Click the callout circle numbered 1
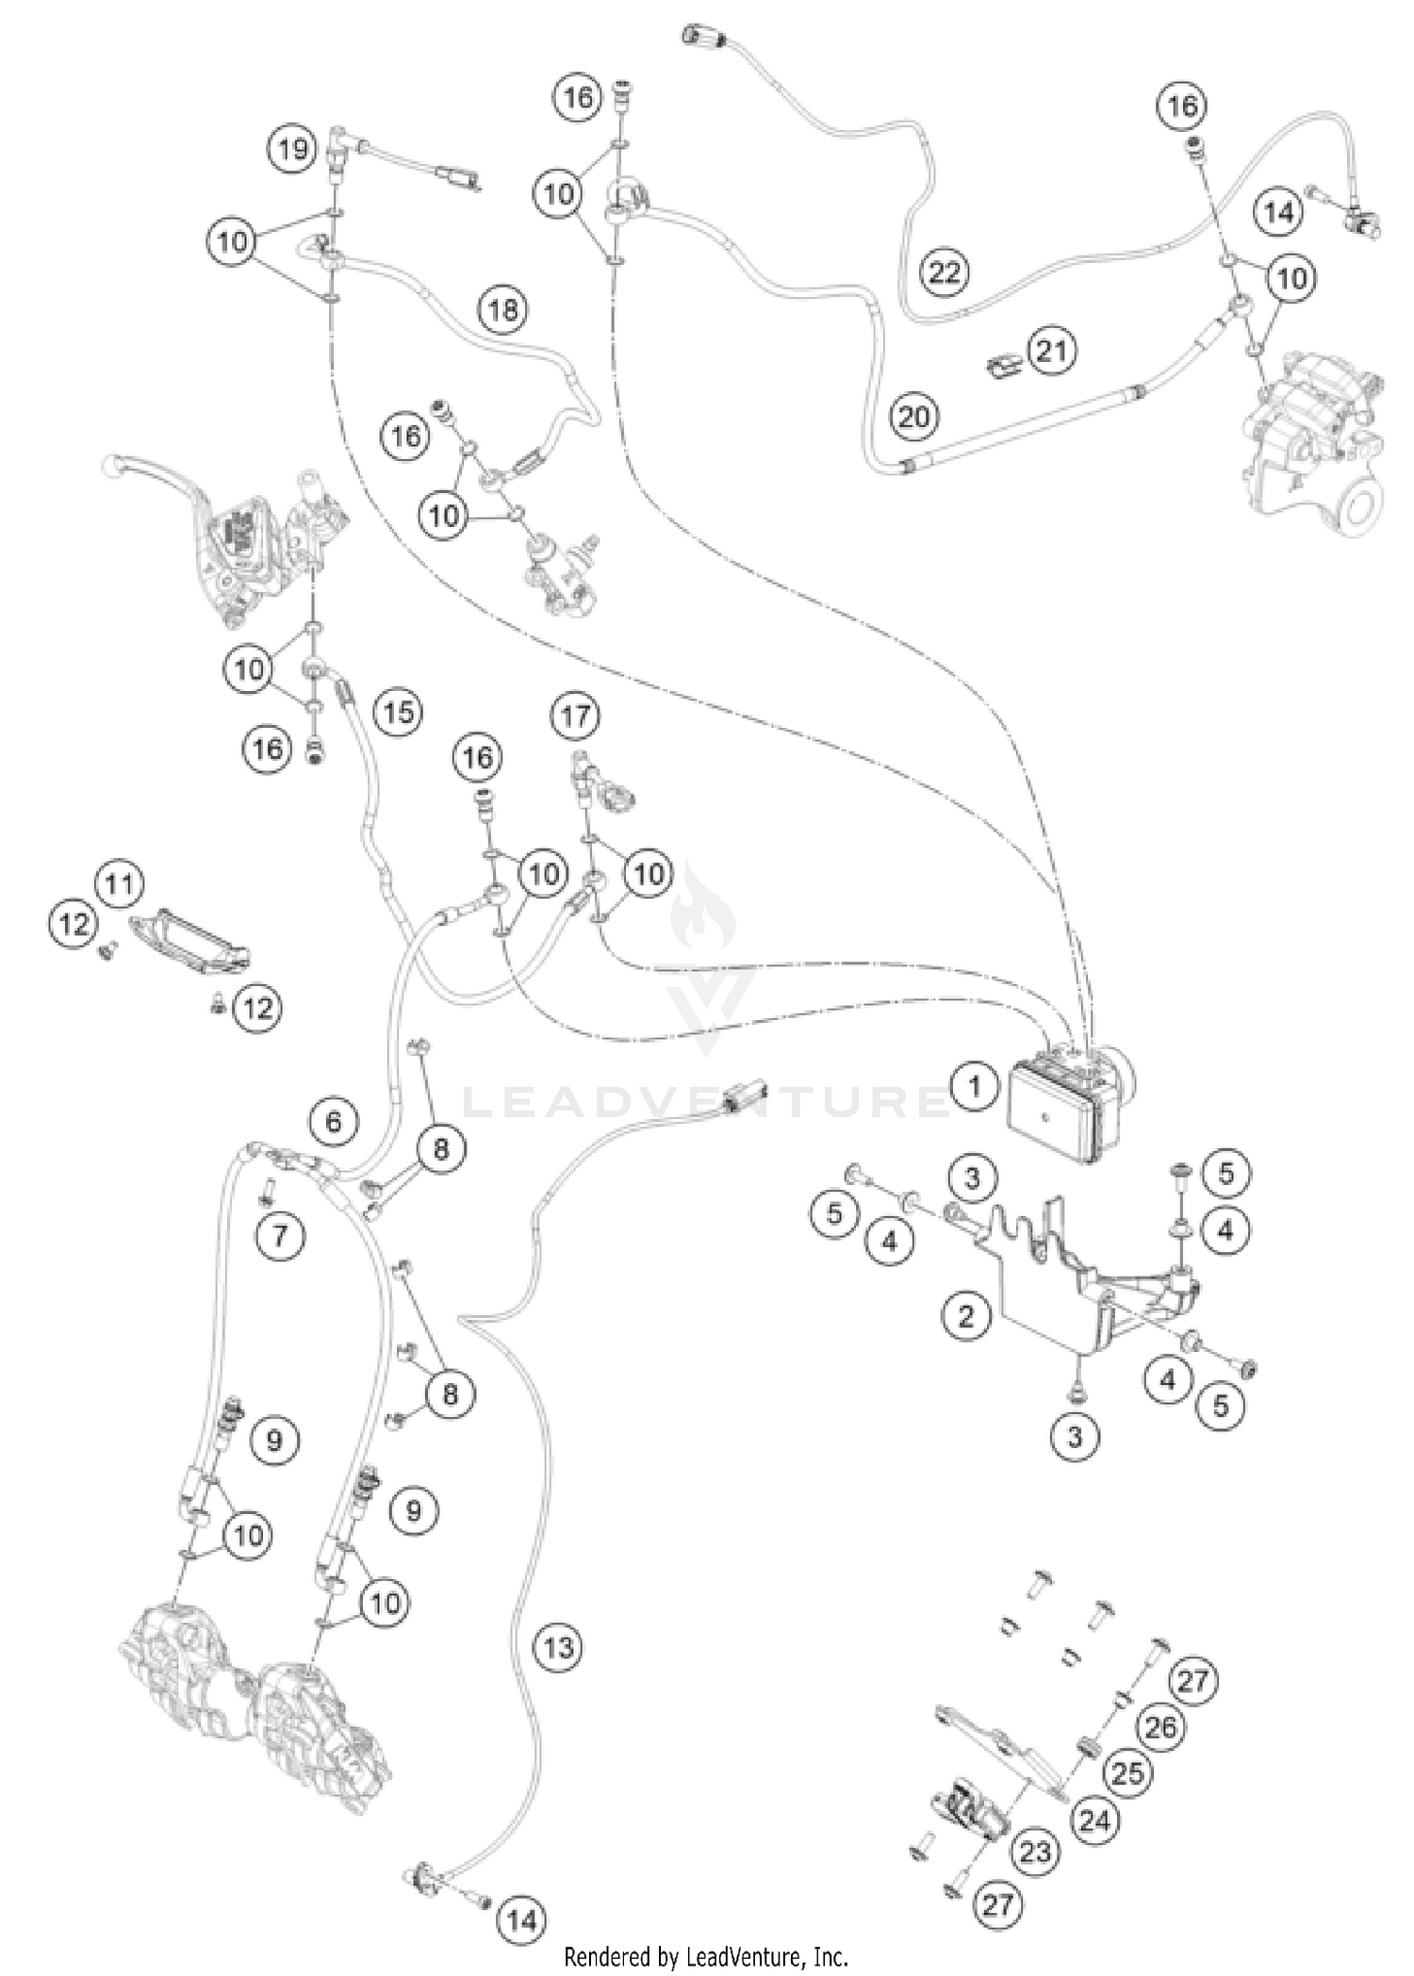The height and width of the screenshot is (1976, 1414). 975,1087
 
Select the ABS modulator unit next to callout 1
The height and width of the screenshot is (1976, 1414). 1065,1104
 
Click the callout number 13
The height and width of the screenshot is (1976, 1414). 558,1673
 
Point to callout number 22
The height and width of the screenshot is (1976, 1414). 945,272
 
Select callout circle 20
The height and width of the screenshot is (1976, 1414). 913,416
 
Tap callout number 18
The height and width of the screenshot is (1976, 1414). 503,308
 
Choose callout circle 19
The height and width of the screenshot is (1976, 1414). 293,149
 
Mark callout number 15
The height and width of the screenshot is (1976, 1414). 399,712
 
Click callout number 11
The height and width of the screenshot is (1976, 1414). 119,884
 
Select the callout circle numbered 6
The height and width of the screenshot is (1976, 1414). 334,1122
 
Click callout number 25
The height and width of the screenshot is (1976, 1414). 1127,1772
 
